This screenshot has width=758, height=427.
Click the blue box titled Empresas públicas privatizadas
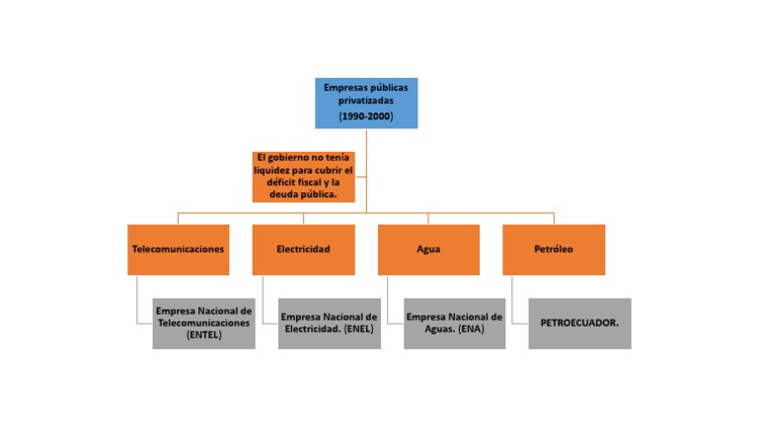(366, 104)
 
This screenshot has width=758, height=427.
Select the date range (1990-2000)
(366, 116)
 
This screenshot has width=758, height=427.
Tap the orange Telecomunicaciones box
(179, 249)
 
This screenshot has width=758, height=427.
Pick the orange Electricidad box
(304, 249)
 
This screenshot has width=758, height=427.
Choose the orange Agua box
(428, 249)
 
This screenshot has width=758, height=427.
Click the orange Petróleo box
(554, 249)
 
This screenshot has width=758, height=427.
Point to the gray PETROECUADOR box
(579, 323)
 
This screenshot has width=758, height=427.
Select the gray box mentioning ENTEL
(204, 323)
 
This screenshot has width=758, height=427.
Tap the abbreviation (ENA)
(472, 329)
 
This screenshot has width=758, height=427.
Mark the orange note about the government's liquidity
(304, 177)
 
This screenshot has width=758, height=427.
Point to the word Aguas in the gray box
(439, 329)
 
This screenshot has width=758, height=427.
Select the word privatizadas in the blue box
(366, 101)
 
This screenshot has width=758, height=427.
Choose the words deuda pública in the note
(303, 194)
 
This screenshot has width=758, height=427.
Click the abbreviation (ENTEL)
(204, 334)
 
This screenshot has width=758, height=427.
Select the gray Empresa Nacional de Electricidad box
(330, 323)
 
